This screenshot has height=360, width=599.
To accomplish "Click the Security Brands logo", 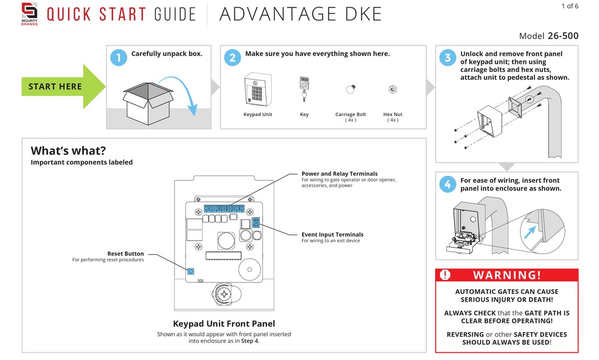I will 29,13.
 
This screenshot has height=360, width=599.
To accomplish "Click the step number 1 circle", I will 118,58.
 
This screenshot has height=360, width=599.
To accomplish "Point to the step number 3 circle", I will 447,58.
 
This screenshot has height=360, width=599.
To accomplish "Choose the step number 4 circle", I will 447,184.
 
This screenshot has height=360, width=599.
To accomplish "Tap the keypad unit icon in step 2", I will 257,91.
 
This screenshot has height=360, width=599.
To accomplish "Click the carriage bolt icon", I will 350,89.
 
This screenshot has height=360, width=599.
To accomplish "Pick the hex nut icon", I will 392,90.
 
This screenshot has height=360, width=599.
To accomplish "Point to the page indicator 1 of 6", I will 569,6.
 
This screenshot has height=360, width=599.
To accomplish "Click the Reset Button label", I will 125,253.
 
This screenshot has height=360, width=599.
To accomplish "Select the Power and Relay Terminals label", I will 339,173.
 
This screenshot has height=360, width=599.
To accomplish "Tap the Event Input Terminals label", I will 332,235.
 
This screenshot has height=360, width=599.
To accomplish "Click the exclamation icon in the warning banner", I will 446,275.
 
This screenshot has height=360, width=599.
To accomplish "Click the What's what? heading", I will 68,151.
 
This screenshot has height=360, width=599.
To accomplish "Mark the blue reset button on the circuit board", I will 190,272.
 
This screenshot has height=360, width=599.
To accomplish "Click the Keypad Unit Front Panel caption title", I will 224,323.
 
